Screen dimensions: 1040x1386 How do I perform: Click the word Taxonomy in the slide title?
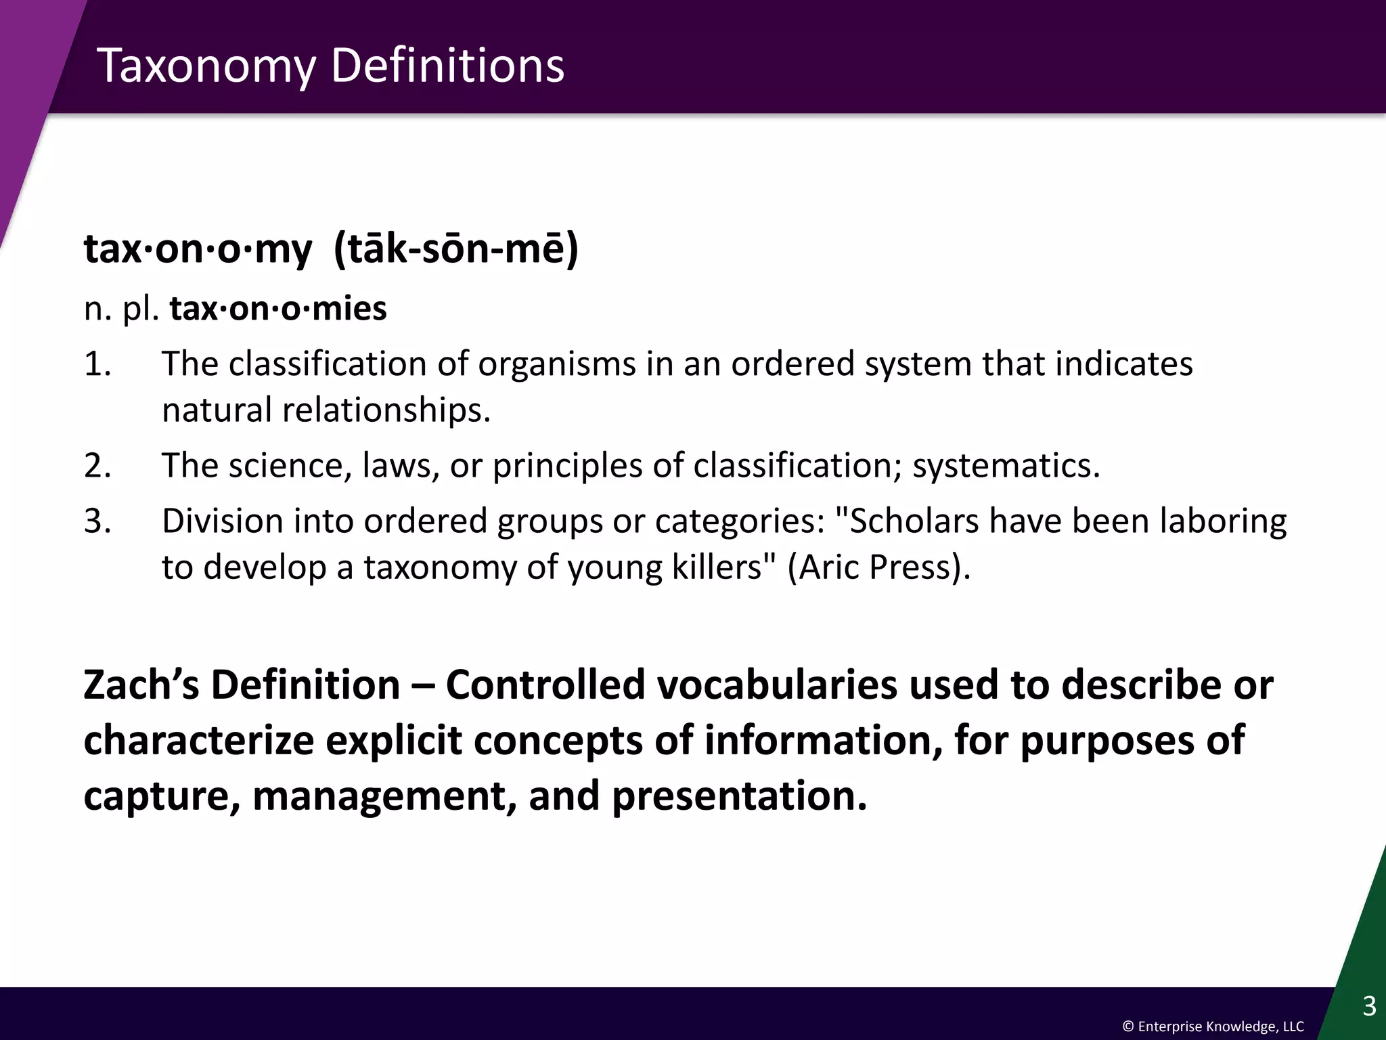(x=206, y=66)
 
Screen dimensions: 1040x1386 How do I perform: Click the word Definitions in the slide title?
(x=447, y=66)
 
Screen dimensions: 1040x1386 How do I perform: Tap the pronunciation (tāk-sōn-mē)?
(x=456, y=248)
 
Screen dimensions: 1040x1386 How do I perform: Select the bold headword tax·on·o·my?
(x=198, y=250)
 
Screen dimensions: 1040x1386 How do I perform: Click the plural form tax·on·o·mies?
(x=277, y=309)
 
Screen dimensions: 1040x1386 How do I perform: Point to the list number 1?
(x=97, y=364)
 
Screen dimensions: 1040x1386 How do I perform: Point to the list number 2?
(x=97, y=466)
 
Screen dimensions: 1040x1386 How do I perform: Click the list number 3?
(x=97, y=521)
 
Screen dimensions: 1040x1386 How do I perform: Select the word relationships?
(x=386, y=410)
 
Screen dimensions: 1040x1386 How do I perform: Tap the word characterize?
(x=198, y=741)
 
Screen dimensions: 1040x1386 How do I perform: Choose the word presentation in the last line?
(x=738, y=796)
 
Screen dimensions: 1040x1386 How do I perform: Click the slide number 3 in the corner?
(x=1368, y=1006)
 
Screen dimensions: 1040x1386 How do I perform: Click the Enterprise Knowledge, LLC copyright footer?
(x=1213, y=1027)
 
